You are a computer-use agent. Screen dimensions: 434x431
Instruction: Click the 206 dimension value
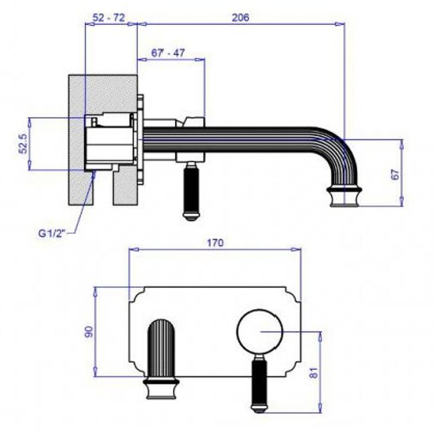pyautogui.click(x=240, y=17)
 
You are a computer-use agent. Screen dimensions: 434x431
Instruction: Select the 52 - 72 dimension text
pyautogui.click(x=108, y=18)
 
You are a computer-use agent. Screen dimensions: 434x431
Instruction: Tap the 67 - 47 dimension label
pyautogui.click(x=168, y=53)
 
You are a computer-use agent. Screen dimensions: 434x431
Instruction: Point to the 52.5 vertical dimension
pyautogui.click(x=23, y=143)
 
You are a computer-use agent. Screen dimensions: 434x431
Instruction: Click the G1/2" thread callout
pyautogui.click(x=52, y=233)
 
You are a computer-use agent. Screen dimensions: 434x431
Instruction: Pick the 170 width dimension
pyautogui.click(x=215, y=243)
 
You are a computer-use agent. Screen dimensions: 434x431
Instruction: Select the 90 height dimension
pyautogui.click(x=89, y=332)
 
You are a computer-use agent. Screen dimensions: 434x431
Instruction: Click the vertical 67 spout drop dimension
pyautogui.click(x=396, y=174)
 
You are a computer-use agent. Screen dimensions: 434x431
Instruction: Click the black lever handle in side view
pyautogui.click(x=191, y=191)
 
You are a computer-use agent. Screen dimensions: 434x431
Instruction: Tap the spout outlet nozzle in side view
pyautogui.click(x=344, y=196)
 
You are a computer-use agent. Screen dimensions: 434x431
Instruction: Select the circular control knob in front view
pyautogui.click(x=260, y=332)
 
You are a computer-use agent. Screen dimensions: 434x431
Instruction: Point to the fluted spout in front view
pyautogui.click(x=161, y=348)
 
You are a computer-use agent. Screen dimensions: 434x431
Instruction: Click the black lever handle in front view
pyautogui.click(x=259, y=384)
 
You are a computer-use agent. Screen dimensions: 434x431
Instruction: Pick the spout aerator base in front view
pyautogui.click(x=161, y=388)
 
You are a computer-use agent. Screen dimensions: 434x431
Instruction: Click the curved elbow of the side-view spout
pyautogui.click(x=340, y=147)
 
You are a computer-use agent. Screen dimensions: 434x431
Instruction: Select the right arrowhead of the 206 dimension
pyautogui.click(x=340, y=24)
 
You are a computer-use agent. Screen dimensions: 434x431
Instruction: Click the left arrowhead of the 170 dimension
pyautogui.click(x=134, y=250)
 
